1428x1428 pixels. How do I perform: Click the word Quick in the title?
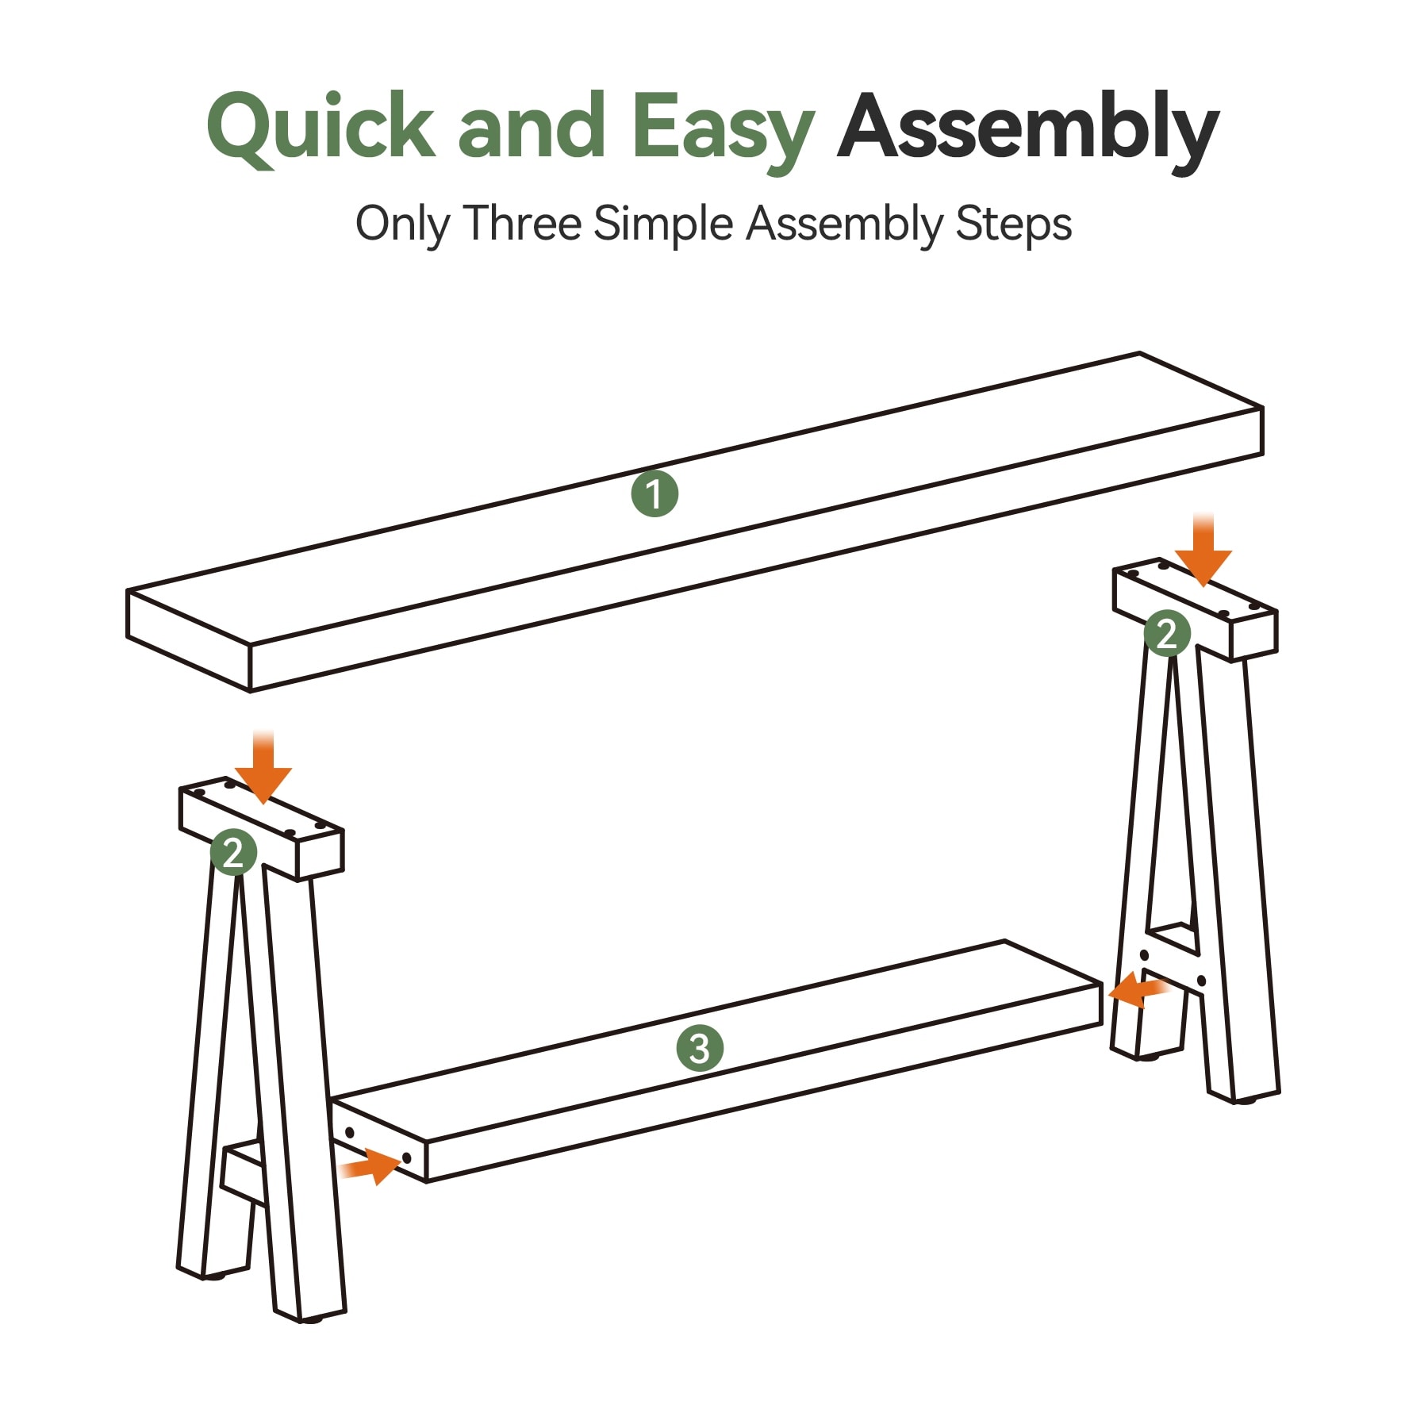click(x=321, y=127)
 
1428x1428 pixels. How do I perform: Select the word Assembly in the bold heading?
click(x=1028, y=129)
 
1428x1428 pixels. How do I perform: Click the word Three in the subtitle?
click(x=523, y=223)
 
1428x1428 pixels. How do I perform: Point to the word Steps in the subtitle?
click(x=1014, y=225)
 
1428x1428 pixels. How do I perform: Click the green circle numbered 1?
click(x=654, y=493)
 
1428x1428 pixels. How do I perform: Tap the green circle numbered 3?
click(x=700, y=1048)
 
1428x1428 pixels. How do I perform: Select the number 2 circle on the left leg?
click(x=234, y=852)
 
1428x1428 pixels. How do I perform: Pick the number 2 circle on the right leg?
click(x=1167, y=633)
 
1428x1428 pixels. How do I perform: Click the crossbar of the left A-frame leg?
click(x=242, y=1174)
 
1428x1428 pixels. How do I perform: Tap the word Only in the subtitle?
click(x=402, y=225)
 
